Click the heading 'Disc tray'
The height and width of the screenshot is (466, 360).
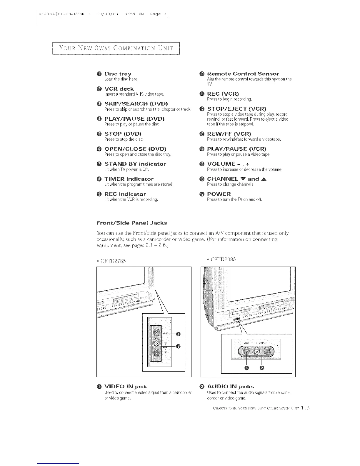118,74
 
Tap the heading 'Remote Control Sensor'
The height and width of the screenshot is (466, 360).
243,74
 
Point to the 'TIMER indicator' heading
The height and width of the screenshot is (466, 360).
129,179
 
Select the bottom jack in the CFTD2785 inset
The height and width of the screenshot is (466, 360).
157,353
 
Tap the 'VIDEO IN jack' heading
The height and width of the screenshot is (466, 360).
126,387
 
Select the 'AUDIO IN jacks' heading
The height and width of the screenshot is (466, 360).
230,387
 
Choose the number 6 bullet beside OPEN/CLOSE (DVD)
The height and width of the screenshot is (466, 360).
99,149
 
